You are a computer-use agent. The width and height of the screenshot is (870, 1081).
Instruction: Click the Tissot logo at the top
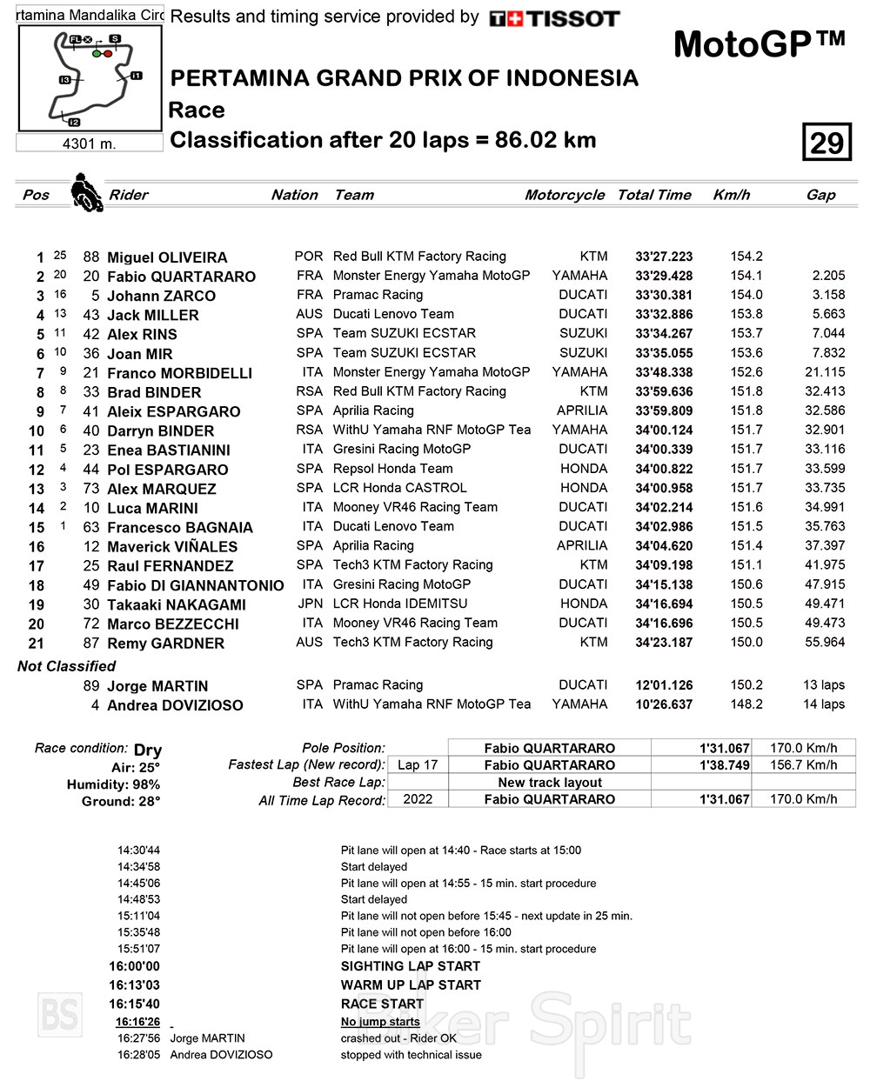tap(554, 18)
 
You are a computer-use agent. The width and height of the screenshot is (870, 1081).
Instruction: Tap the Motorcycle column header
tap(564, 195)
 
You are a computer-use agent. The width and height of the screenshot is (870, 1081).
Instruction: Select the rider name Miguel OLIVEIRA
tap(166, 257)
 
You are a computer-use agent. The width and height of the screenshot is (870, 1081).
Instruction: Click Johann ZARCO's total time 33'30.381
tap(664, 295)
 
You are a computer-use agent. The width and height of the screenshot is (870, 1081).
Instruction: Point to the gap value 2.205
tap(828, 275)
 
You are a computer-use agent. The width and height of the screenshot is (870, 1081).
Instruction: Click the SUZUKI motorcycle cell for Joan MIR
tap(583, 352)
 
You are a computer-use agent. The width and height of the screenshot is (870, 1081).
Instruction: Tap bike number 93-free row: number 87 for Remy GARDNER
tap(91, 643)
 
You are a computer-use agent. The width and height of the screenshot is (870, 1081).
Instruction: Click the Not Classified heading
tap(66, 666)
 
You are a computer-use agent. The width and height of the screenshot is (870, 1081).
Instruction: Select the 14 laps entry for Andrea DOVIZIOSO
tap(823, 704)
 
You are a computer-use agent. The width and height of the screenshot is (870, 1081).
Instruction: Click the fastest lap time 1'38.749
tap(724, 765)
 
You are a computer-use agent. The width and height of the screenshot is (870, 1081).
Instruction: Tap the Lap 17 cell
tap(418, 765)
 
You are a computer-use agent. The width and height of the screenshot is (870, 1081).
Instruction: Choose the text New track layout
tap(549, 782)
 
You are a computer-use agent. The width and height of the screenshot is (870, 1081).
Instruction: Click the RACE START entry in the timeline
tap(382, 1004)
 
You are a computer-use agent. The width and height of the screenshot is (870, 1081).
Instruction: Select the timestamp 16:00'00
tap(134, 966)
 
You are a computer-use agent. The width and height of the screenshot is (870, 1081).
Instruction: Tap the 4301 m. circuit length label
tap(89, 143)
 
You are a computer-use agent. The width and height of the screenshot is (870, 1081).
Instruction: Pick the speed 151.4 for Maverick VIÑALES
tap(746, 545)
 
